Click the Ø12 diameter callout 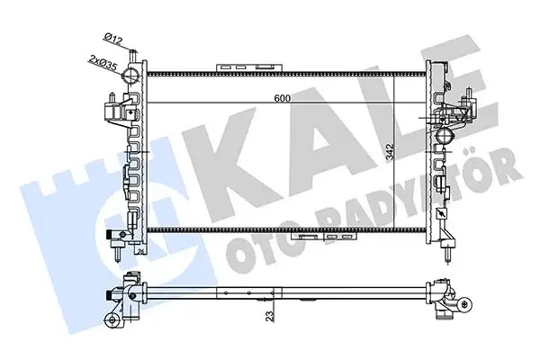click(113, 36)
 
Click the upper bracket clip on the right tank click(467, 103)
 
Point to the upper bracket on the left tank click(113, 110)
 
